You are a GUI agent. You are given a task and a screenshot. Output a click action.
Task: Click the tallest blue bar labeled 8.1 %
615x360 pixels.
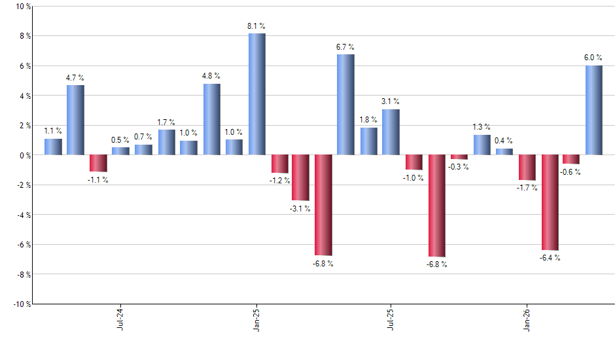(x=256, y=94)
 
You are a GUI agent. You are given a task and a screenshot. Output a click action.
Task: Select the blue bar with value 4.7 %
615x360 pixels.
(x=75, y=120)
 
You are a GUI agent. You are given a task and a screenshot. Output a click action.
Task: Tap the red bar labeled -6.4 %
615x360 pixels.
(x=550, y=202)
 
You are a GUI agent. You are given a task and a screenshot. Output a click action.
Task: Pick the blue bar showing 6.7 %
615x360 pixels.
(x=345, y=105)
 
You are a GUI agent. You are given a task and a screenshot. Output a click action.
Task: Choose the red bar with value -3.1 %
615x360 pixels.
(x=300, y=177)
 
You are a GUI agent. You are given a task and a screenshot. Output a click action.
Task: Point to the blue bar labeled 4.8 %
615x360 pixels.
(x=211, y=119)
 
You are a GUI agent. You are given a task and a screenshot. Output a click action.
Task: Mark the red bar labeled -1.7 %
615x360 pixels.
(x=527, y=168)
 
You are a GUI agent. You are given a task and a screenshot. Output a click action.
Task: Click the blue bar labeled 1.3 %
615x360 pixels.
(x=482, y=145)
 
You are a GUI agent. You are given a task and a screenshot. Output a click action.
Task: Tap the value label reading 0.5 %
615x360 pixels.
(x=120, y=140)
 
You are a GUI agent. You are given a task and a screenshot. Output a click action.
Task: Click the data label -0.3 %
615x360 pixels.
(x=459, y=167)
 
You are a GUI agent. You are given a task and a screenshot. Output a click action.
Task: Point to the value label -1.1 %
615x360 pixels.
(x=97, y=180)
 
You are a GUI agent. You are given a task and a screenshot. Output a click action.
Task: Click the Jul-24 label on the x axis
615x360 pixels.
(x=120, y=320)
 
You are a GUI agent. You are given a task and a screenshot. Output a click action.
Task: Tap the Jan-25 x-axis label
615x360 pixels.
(x=256, y=320)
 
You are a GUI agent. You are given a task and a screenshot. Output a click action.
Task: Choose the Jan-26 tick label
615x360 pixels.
(x=527, y=320)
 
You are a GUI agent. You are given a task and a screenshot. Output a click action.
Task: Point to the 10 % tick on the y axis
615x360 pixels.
(x=22, y=7)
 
